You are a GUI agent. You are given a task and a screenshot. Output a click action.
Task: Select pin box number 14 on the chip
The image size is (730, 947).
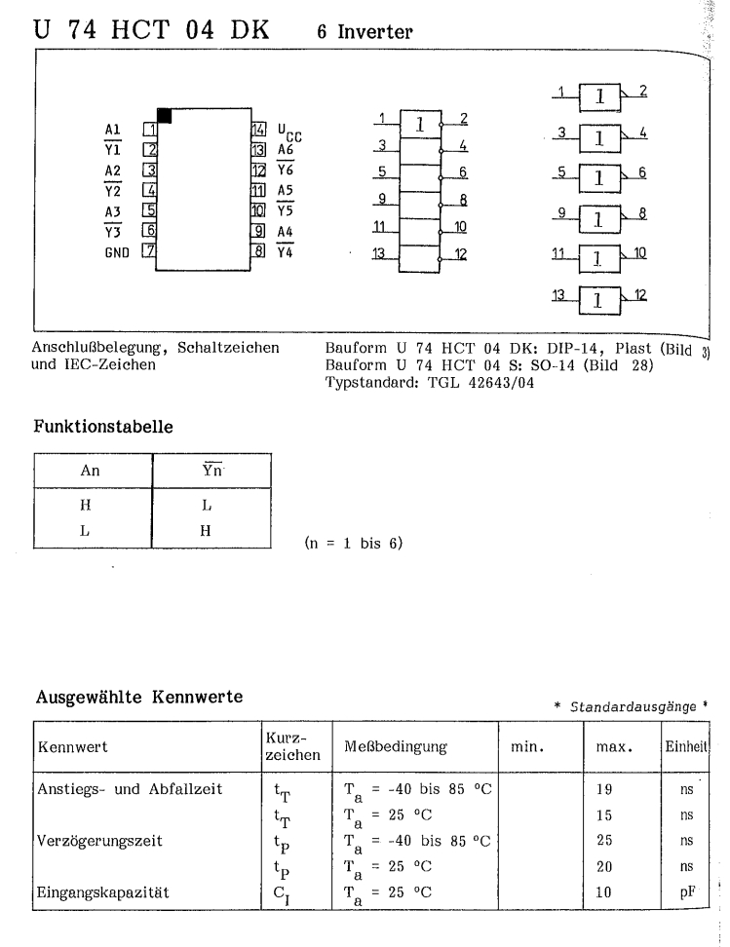[x=258, y=129]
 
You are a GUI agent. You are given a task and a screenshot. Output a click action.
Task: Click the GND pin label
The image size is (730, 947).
[x=117, y=251]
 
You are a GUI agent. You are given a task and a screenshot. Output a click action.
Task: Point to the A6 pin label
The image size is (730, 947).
[x=287, y=150]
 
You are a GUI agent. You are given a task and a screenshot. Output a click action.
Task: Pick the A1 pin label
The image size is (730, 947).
[x=113, y=129]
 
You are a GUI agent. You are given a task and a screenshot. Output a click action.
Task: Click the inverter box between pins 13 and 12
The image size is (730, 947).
[x=420, y=254]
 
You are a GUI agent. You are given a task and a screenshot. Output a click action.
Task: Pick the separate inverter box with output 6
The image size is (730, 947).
[x=601, y=178]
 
